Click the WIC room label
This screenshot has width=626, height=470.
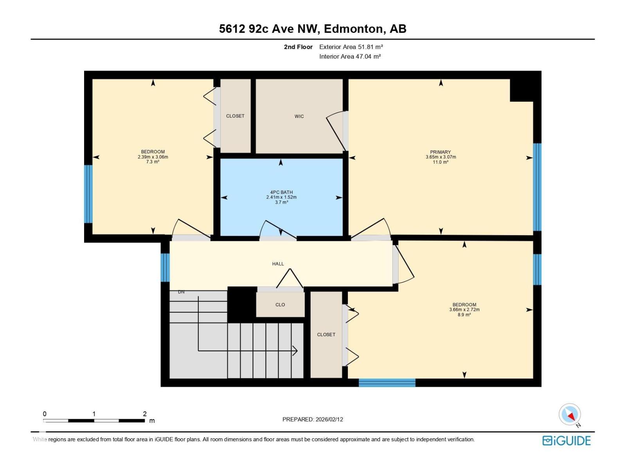click(x=299, y=116)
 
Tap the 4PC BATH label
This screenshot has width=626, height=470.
click(x=281, y=192)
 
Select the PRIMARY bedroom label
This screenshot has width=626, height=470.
click(x=441, y=152)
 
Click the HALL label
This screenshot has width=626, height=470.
click(x=278, y=264)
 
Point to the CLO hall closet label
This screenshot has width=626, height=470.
click(x=280, y=305)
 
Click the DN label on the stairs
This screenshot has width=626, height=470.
click(x=181, y=292)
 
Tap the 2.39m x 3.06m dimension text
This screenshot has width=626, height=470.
click(x=153, y=157)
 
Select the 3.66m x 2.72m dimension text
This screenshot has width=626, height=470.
click(x=464, y=310)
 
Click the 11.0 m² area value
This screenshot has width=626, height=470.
click(x=441, y=162)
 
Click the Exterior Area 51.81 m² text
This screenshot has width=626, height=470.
click(x=351, y=47)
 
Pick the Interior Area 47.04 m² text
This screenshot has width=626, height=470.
click(x=350, y=56)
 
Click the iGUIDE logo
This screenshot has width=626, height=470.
click(x=566, y=441)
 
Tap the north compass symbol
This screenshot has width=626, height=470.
click(x=570, y=415)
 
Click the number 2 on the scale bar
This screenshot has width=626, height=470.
click(x=145, y=414)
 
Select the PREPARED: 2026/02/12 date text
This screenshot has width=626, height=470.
click(x=313, y=419)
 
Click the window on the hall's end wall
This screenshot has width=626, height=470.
click(x=165, y=268)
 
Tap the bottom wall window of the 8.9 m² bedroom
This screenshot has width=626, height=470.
click(x=387, y=383)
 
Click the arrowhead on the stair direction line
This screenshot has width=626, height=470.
click(x=295, y=351)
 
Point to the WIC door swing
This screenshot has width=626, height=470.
click(x=336, y=131)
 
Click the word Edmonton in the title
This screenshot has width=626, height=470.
click(x=353, y=29)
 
